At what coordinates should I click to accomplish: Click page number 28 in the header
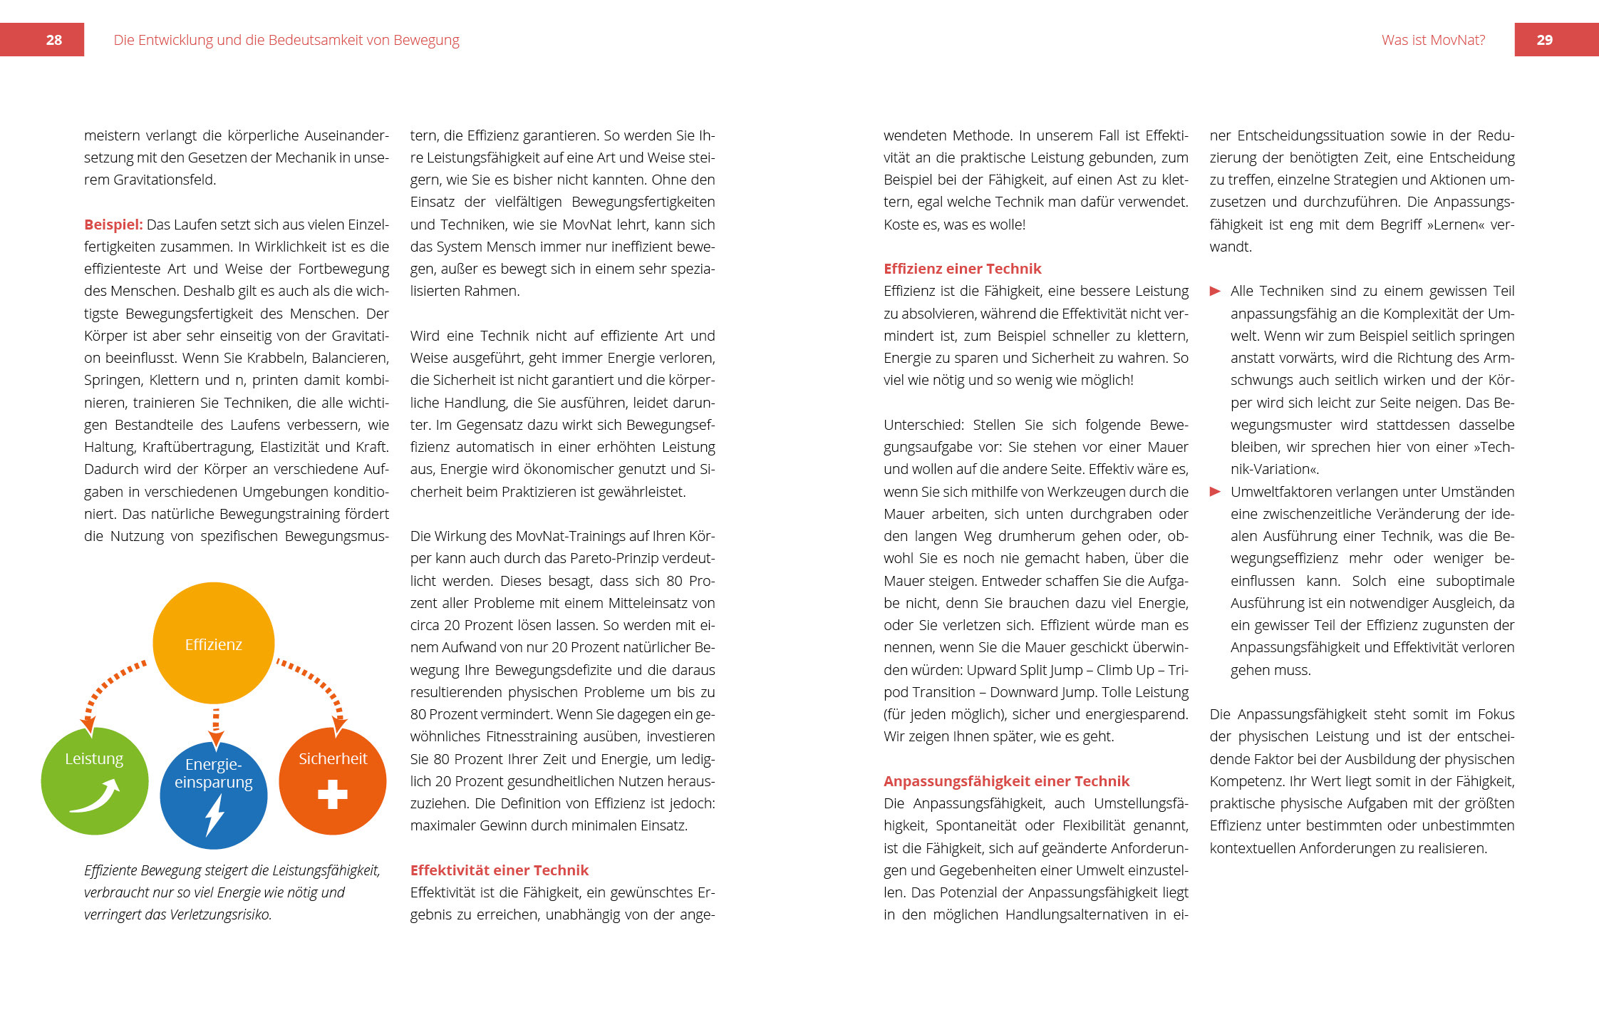tap(53, 40)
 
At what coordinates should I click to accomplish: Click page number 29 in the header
tap(1544, 40)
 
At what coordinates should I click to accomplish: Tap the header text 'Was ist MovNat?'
tap(1433, 40)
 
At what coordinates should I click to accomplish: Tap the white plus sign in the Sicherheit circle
tap(333, 794)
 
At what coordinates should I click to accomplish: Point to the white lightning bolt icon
tap(214, 815)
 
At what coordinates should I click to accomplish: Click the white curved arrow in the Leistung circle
tap(95, 797)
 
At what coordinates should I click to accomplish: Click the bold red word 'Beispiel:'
tap(113, 225)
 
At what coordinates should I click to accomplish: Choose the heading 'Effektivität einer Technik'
tap(499, 870)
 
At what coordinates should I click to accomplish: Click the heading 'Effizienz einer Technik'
tap(962, 269)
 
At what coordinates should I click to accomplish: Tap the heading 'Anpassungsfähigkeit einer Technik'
tap(1006, 781)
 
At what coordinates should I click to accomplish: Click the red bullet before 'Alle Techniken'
tap(1216, 291)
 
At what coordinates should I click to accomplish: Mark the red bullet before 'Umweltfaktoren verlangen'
tap(1216, 492)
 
